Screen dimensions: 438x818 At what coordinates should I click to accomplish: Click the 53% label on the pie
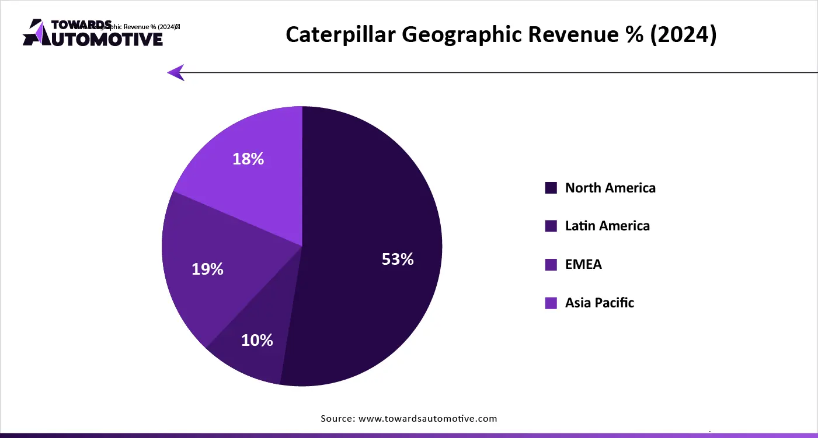pos(398,260)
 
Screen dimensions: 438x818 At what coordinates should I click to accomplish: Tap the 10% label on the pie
pos(257,340)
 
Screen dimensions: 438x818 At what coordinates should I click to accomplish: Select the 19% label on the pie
pos(207,269)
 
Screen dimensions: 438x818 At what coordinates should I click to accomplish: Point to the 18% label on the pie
pos(248,159)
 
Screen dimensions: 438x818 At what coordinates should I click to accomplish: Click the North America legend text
pos(610,188)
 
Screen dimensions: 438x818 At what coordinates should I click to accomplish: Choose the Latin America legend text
pos(607,226)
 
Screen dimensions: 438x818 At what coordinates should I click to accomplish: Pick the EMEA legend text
pos(583,264)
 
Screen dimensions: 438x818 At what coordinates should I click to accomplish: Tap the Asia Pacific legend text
pos(599,303)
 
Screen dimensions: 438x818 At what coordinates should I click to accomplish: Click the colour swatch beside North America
pos(551,188)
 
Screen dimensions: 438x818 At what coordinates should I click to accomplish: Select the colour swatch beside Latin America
pos(551,226)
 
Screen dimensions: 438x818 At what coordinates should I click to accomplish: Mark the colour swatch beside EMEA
pos(551,265)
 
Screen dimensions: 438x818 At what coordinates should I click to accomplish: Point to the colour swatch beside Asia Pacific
pos(551,303)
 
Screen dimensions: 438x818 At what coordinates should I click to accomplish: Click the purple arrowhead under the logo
pos(176,72)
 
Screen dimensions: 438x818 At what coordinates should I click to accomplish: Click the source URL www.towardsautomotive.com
pos(427,418)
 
